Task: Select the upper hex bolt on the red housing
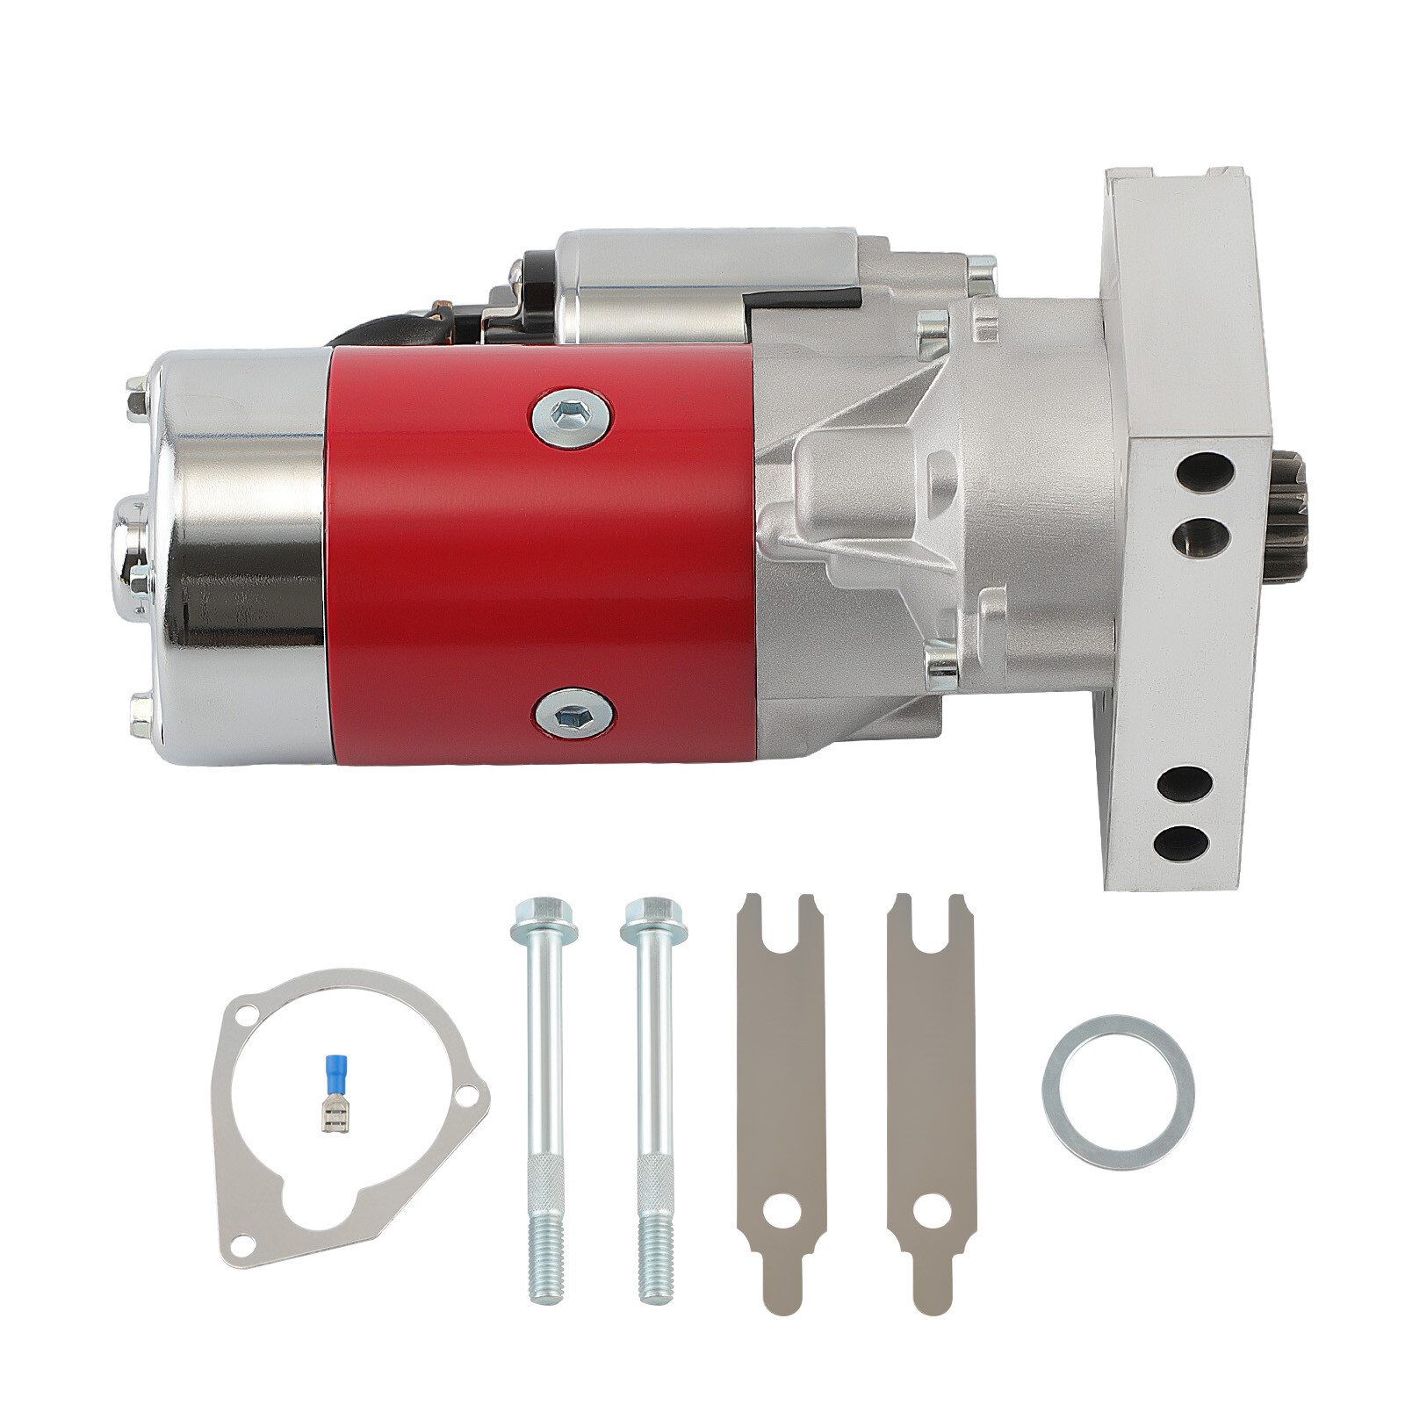pyautogui.click(x=572, y=418)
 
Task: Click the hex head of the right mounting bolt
pyautogui.click(x=653, y=919)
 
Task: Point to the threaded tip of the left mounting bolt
pyautogui.click(x=544, y=1264)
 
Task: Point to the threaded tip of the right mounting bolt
pyautogui.click(x=654, y=1264)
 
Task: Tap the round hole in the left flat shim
pyautogui.click(x=780, y=1213)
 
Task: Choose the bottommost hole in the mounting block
pyautogui.click(x=1182, y=843)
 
